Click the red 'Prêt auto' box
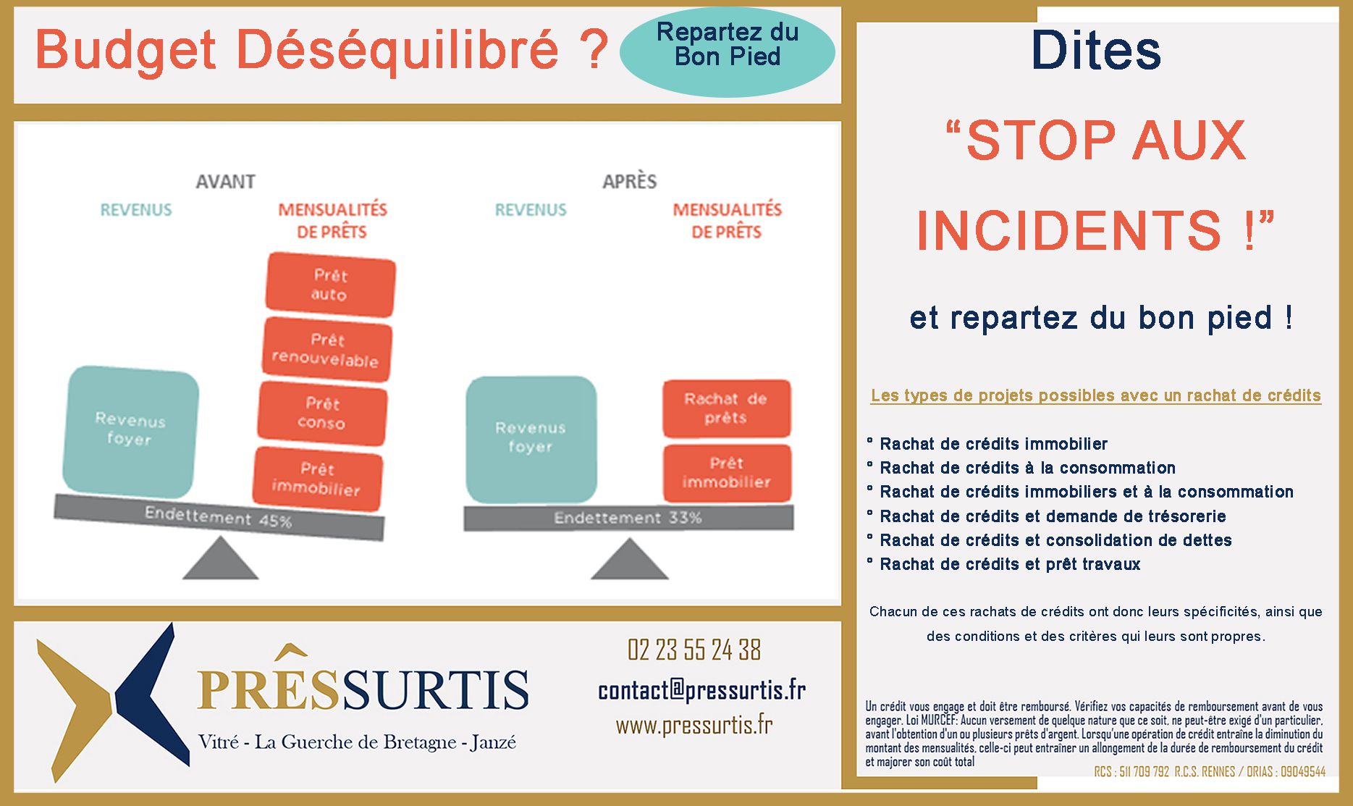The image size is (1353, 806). point(330,285)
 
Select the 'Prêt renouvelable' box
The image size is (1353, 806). point(326,349)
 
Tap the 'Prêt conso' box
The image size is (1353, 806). point(322,413)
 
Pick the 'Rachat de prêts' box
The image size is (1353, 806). point(726,408)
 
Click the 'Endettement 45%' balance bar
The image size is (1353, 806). point(219,517)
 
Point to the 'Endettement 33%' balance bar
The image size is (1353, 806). point(628,518)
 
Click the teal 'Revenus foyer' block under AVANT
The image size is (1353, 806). point(130,431)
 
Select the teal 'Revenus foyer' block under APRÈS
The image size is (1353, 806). point(531,439)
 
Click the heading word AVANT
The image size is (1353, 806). point(225,181)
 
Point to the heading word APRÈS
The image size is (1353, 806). point(629,180)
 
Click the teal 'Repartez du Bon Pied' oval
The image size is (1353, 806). point(728,52)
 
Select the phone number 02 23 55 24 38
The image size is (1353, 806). point(694,650)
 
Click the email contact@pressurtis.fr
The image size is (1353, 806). point(701,689)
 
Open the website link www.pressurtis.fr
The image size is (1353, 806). point(694,725)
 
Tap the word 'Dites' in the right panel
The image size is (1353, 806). point(1096,51)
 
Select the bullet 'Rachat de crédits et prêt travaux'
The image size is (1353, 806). point(1010,564)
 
